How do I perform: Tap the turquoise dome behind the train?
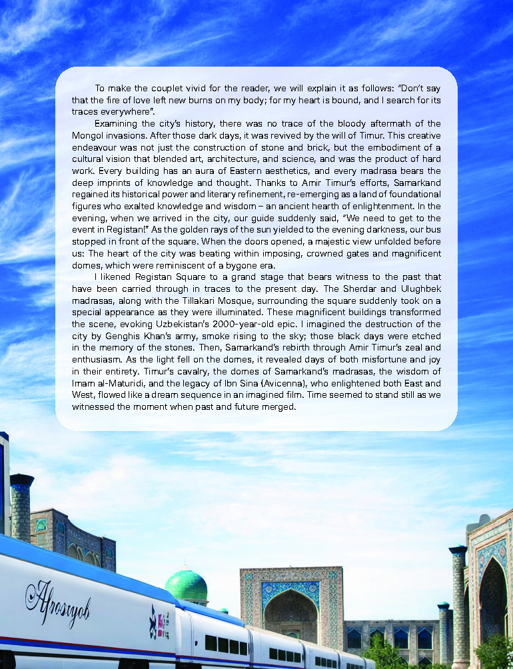point(186,585)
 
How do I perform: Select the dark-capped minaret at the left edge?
point(21,506)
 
